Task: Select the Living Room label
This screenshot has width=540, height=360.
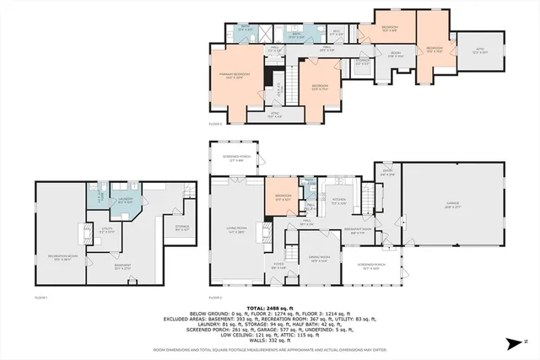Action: [x=236, y=229]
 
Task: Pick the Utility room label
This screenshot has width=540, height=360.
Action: [x=106, y=228]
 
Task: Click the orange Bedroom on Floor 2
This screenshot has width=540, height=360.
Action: [x=283, y=199]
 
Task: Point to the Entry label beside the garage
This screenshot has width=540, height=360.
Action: [x=386, y=175]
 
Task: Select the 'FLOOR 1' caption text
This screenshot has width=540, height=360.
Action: [x=40, y=298]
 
